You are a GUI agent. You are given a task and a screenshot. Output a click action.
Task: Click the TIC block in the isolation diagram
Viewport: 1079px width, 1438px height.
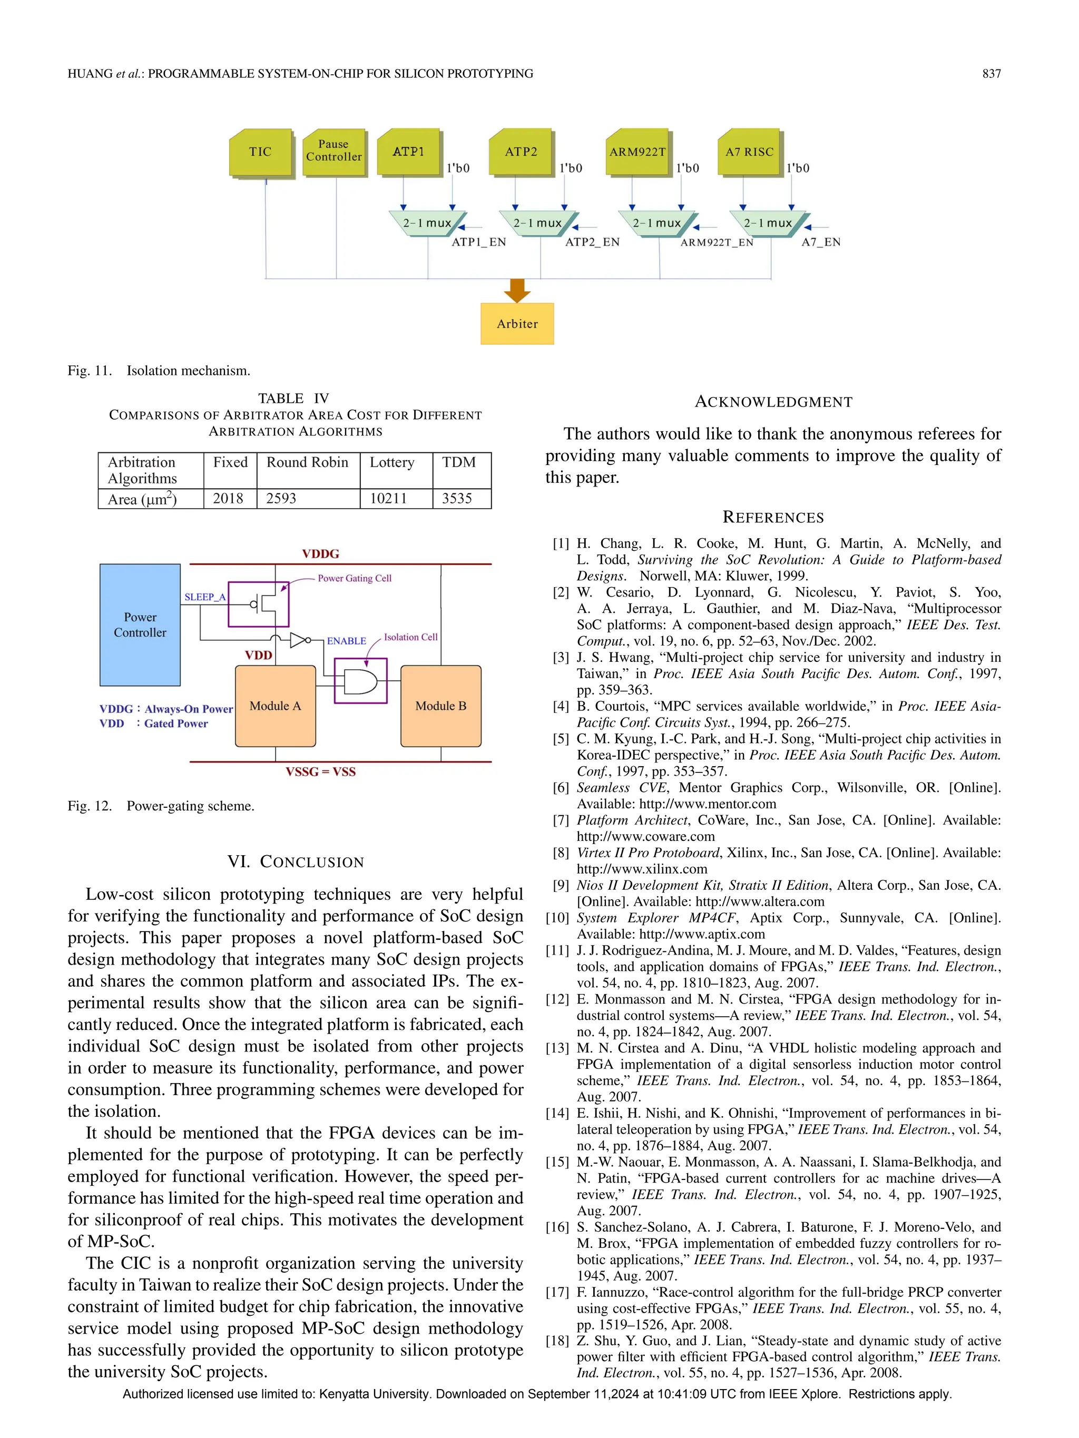(260, 152)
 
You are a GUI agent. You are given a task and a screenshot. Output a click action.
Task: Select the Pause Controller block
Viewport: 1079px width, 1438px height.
(333, 152)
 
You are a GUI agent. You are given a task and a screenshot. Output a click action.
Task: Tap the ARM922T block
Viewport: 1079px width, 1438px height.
(637, 152)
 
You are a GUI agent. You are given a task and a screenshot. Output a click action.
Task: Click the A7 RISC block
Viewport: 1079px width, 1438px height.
(749, 152)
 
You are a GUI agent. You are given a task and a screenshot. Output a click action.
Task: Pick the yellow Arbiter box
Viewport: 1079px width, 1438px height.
(517, 324)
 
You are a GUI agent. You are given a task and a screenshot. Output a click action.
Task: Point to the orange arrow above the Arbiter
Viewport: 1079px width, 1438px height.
(517, 291)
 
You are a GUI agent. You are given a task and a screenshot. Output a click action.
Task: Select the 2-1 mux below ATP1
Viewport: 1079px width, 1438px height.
(427, 223)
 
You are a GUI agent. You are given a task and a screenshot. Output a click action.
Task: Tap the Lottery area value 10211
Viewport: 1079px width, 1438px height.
(388, 499)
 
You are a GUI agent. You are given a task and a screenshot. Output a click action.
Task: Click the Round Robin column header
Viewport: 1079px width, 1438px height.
(307, 462)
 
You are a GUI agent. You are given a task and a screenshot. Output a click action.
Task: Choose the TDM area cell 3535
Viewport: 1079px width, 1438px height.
(457, 499)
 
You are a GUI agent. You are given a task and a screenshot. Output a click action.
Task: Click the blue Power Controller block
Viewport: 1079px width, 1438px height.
(140, 624)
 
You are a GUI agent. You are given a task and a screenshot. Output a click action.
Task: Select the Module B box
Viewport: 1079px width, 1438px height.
(441, 706)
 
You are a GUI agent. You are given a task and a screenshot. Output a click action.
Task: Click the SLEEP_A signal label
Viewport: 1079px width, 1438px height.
(204, 597)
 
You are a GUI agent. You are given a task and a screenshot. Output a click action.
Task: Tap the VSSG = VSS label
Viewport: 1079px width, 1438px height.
(321, 772)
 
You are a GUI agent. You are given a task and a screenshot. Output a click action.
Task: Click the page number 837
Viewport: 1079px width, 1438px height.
(991, 74)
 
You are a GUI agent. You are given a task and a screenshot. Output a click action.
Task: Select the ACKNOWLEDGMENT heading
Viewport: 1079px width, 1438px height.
(773, 402)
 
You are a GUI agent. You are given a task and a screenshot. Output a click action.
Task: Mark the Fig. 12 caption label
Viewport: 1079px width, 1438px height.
(90, 806)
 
